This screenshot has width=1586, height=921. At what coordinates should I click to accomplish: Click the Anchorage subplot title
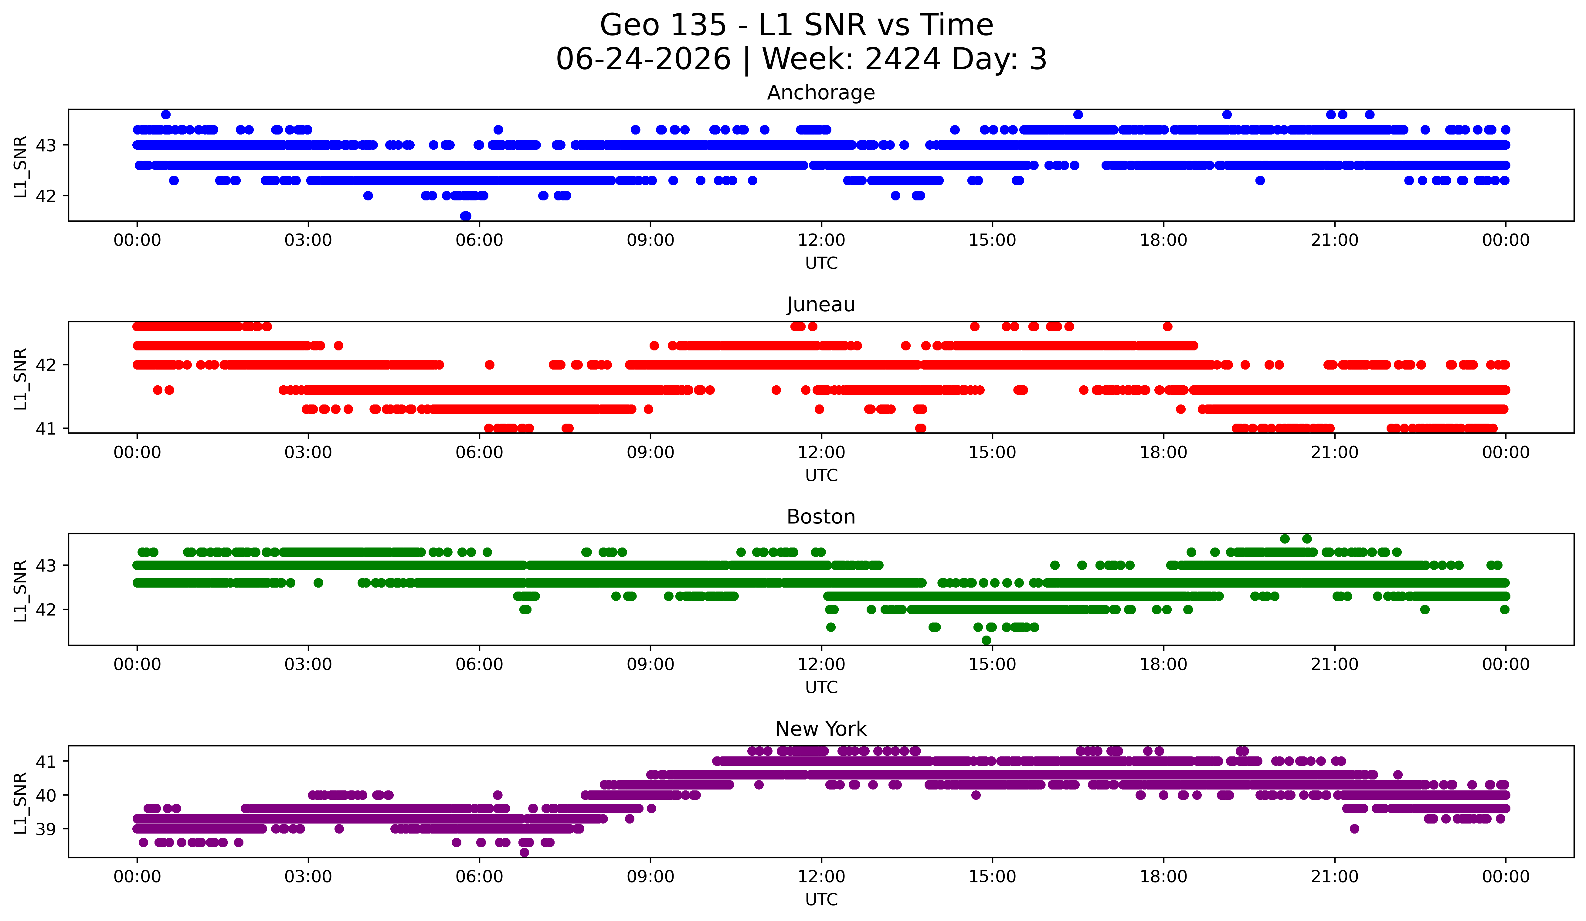(x=821, y=93)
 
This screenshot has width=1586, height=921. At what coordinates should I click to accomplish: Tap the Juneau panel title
(x=821, y=305)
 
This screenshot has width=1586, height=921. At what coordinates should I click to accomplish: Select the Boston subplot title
(x=821, y=517)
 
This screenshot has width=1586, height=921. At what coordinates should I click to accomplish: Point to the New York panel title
(x=821, y=729)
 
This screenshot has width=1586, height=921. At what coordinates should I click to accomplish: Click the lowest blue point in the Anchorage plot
(x=466, y=216)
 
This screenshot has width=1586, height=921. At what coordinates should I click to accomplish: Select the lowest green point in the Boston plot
(x=986, y=640)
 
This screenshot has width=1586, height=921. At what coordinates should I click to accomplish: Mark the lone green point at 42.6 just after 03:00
(x=318, y=583)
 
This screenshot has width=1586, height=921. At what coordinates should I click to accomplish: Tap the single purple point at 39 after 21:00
(x=1354, y=828)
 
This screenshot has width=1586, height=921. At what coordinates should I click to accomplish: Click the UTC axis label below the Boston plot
(x=821, y=687)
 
